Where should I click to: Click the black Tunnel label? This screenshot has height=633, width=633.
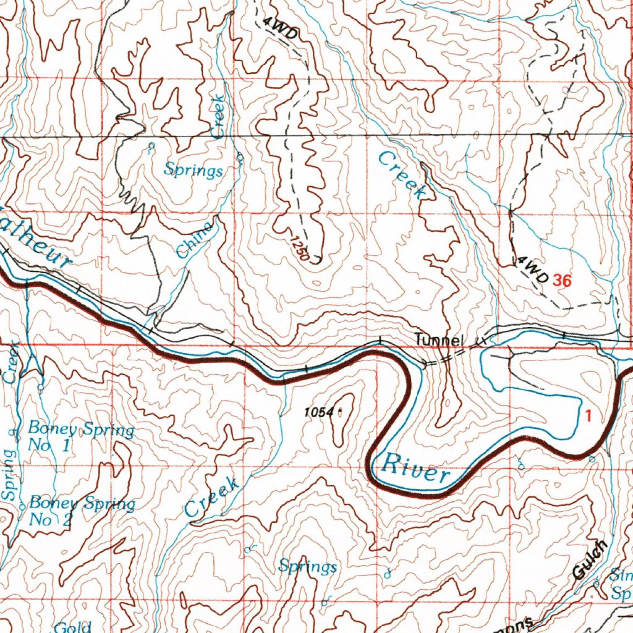(439, 340)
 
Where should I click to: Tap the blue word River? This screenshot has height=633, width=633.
(416, 469)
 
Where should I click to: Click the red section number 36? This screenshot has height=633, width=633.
(562, 281)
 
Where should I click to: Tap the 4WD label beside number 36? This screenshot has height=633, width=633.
(533, 271)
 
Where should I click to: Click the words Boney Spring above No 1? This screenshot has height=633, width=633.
(81, 429)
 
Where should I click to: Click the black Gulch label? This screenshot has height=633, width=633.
(590, 560)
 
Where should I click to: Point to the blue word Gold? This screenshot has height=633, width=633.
(73, 627)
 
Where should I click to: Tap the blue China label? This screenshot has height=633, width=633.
(194, 240)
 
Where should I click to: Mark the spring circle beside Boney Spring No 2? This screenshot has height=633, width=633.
(22, 506)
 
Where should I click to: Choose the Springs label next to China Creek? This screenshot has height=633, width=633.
(193, 170)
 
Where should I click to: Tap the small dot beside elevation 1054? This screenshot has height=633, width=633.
(341, 410)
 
